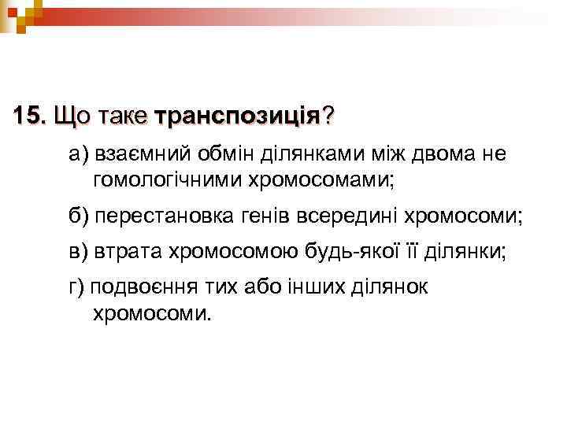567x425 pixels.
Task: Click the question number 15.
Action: tap(30, 116)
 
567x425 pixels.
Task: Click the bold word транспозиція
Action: tap(238, 117)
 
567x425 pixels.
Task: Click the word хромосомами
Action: tap(318, 182)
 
